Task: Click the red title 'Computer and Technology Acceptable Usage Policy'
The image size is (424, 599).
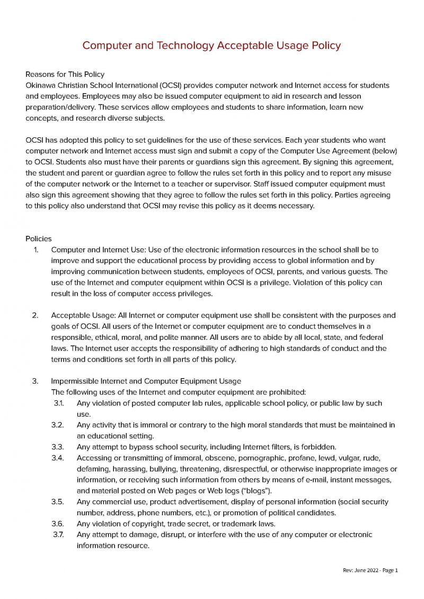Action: point(211,46)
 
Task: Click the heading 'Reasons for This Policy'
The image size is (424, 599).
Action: point(65,74)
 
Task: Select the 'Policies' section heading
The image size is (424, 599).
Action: point(39,239)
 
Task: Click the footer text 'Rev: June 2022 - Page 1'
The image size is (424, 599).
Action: point(370,570)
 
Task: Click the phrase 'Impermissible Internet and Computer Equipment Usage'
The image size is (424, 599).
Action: point(146,381)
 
